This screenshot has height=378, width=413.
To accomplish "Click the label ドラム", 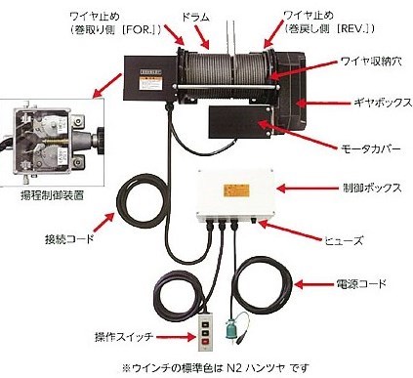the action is point(195,17).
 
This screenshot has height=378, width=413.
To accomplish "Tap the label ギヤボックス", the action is point(383,103).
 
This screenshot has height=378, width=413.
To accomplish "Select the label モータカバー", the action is point(370,148).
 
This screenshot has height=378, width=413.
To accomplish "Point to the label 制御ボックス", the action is point(372,189).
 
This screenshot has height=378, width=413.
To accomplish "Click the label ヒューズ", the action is point(344,240).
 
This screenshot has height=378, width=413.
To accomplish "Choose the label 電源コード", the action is point(361,284).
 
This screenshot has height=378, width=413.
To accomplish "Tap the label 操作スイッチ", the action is point(124,337).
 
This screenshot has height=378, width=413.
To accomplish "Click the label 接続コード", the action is point(69,239).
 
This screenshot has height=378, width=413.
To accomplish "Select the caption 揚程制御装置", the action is point(53,195).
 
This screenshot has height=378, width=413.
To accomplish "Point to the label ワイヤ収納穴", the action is point(372,61).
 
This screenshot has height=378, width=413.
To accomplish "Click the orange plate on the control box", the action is point(236,190).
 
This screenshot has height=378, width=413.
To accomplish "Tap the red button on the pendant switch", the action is point(205,341).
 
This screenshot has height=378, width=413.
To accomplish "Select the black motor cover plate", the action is point(240,121).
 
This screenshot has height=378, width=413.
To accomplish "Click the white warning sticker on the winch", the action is point(150,83).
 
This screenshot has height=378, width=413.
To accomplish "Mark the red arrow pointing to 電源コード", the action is point(314,284).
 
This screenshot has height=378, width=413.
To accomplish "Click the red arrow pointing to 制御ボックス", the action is point(308,189).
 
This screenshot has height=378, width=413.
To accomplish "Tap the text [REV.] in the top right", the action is point(355,28).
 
